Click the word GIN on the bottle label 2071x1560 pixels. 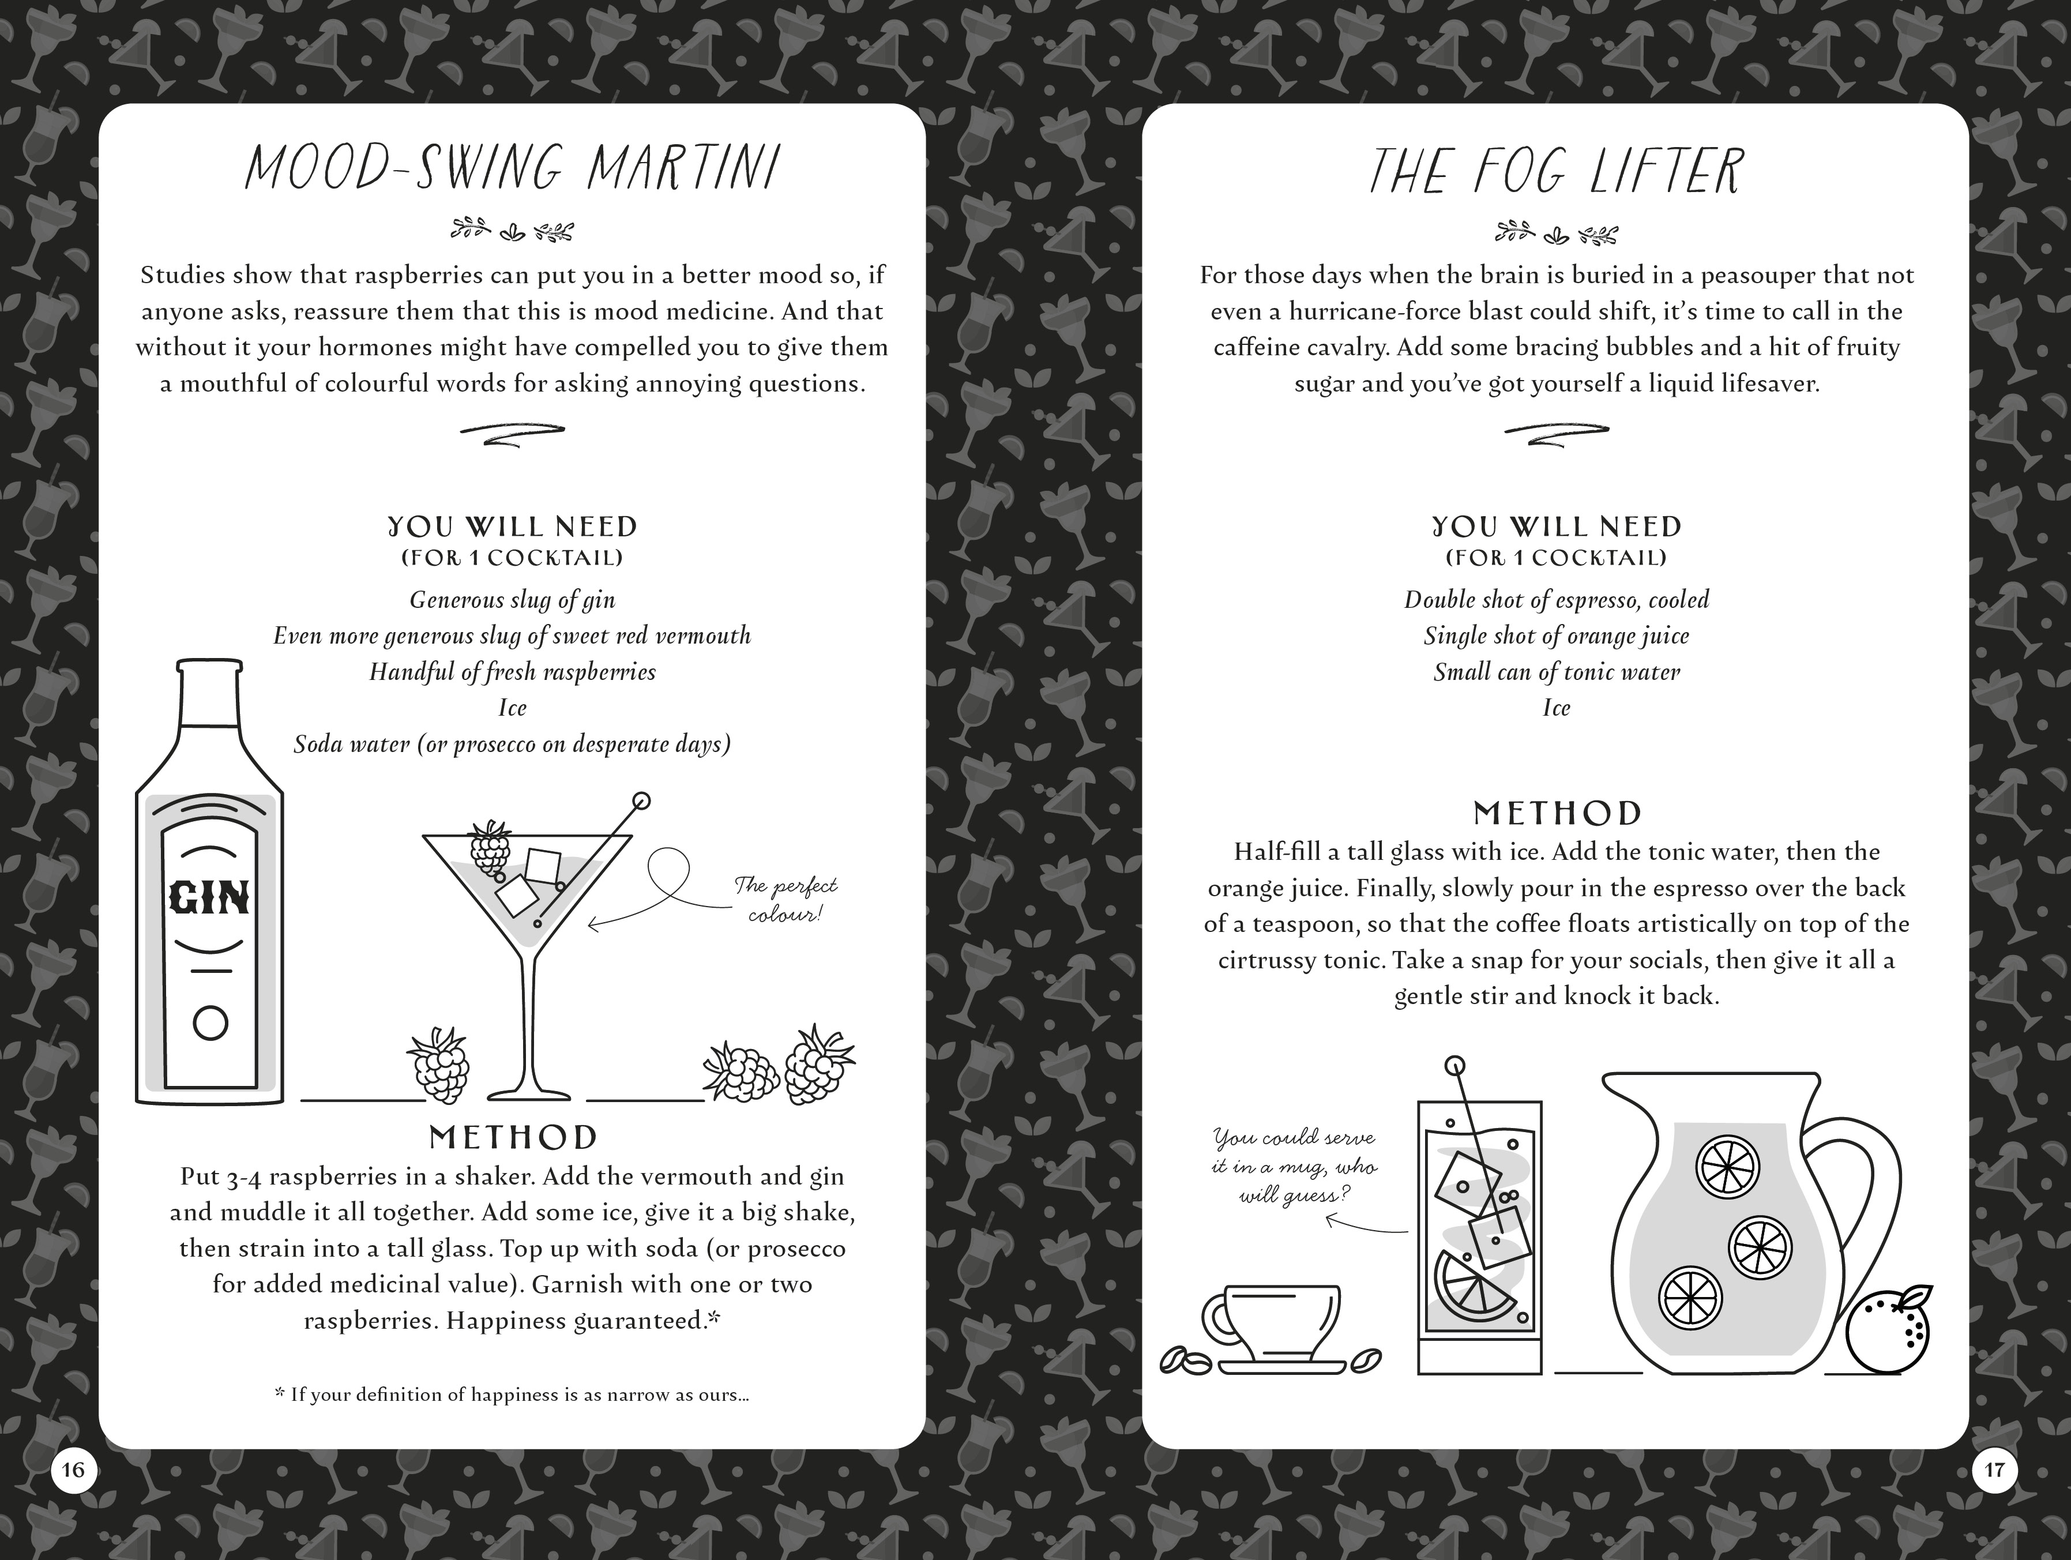coord(210,898)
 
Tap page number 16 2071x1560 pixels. coord(73,1469)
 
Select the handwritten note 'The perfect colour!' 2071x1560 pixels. coord(784,900)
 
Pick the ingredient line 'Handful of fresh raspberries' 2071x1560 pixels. coord(512,672)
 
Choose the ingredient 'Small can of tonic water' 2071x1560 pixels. coord(1556,672)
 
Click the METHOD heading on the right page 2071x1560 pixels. coord(1557,813)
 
